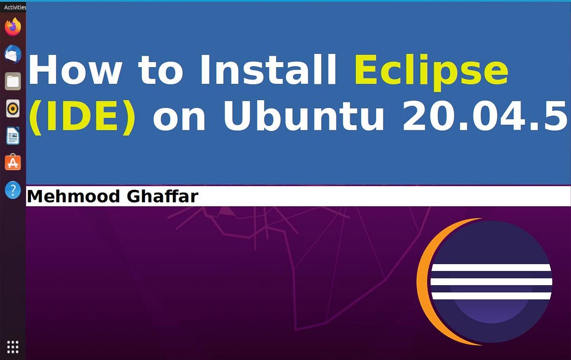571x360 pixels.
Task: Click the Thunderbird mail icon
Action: [x=13, y=54]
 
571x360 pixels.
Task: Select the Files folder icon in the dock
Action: [x=13, y=81]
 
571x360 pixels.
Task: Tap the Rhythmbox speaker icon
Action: [x=13, y=109]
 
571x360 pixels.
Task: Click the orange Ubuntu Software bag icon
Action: [x=13, y=163]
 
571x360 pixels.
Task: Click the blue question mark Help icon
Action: [x=13, y=190]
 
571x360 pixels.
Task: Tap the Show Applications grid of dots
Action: [x=13, y=346]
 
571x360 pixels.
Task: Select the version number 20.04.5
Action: [x=485, y=116]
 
